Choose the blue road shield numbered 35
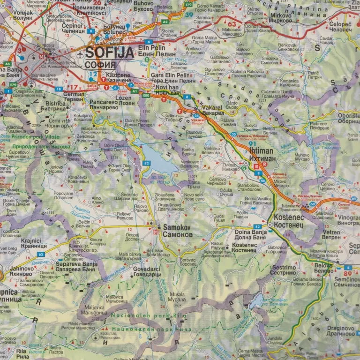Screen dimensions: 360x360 click(x=233, y=135)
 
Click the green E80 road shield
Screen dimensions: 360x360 click(x=146, y=95)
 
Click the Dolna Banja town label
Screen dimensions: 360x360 click(x=250, y=232)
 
